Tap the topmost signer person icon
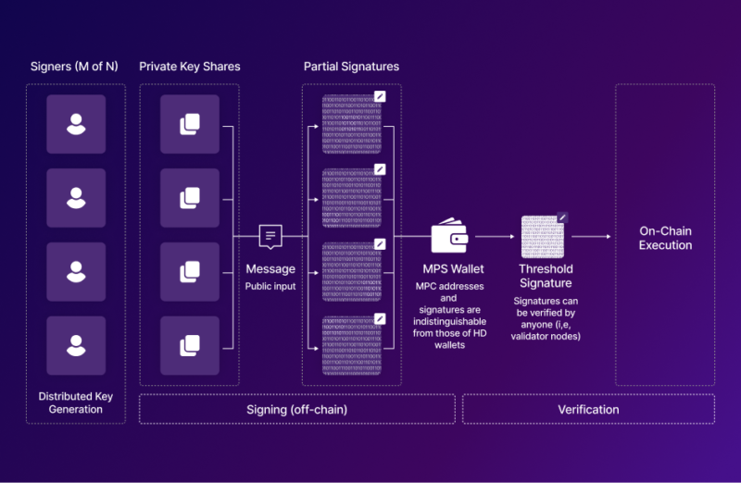76,124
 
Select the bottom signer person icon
76,345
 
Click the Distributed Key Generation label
76,403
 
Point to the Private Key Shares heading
190,67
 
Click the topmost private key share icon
190,124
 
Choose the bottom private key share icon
190,345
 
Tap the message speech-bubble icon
270,237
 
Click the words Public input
270,286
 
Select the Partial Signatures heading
351,67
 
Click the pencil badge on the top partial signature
380,95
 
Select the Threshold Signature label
545,276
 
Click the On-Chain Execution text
665,238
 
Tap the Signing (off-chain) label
296,409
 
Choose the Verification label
588,409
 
